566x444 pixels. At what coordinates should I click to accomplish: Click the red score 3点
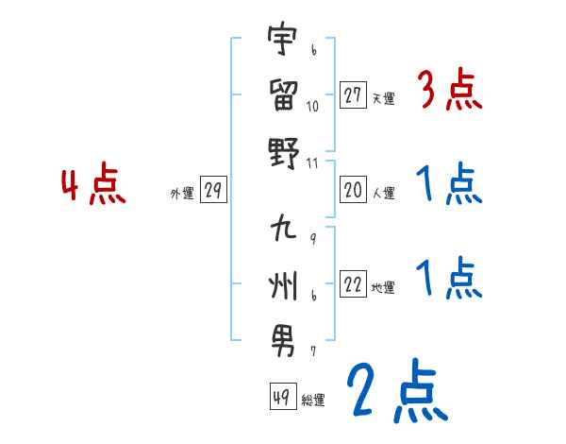(x=449, y=94)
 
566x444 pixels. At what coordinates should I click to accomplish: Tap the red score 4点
(x=94, y=185)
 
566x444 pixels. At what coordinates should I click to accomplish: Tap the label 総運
(x=313, y=401)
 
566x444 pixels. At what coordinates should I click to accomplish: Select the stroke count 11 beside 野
(x=313, y=163)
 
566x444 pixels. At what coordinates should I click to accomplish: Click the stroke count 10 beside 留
(x=313, y=105)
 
